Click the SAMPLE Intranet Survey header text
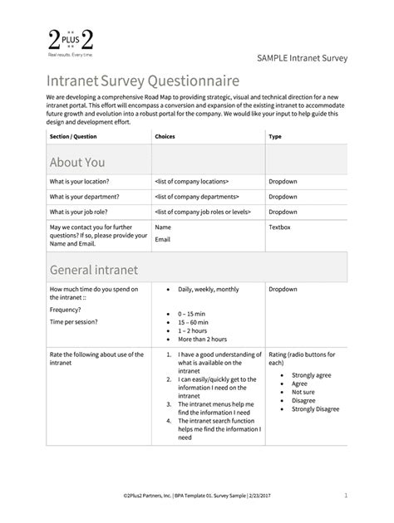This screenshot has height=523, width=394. point(301,57)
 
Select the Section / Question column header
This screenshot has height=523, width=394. point(75,135)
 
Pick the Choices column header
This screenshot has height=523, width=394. point(165,135)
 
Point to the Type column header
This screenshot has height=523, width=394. point(275,135)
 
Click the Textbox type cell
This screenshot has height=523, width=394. point(283,227)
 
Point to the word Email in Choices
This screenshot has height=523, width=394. point(163,239)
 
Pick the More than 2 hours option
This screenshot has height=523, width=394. point(203,339)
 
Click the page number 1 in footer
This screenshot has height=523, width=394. point(345,497)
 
